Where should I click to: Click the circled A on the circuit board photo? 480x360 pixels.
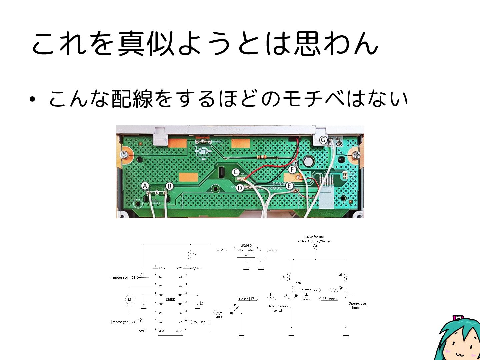point(145,186)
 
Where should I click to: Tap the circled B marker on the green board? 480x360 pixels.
point(169,186)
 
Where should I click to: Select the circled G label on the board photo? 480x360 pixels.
point(323,140)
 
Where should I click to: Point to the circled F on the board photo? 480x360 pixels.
point(292,170)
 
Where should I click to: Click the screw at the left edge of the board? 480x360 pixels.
point(124,155)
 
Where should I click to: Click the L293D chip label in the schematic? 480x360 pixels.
point(170,299)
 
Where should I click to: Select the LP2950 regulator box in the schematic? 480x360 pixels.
point(246,250)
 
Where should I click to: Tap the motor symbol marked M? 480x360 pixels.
point(130,299)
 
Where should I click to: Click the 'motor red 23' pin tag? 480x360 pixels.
point(124,277)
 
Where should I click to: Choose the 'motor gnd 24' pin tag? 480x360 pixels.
point(124,322)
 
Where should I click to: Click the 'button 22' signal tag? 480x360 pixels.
point(310,290)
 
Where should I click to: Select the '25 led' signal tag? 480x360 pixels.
point(199,322)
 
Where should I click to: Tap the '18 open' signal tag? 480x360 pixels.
point(329,299)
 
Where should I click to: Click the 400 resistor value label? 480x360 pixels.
point(219,317)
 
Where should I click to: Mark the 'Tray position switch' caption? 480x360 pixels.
point(278,308)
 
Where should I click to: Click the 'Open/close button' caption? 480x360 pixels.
point(357,305)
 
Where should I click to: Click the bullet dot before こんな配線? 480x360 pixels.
point(32,99)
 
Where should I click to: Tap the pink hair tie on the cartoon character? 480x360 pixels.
point(458,318)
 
